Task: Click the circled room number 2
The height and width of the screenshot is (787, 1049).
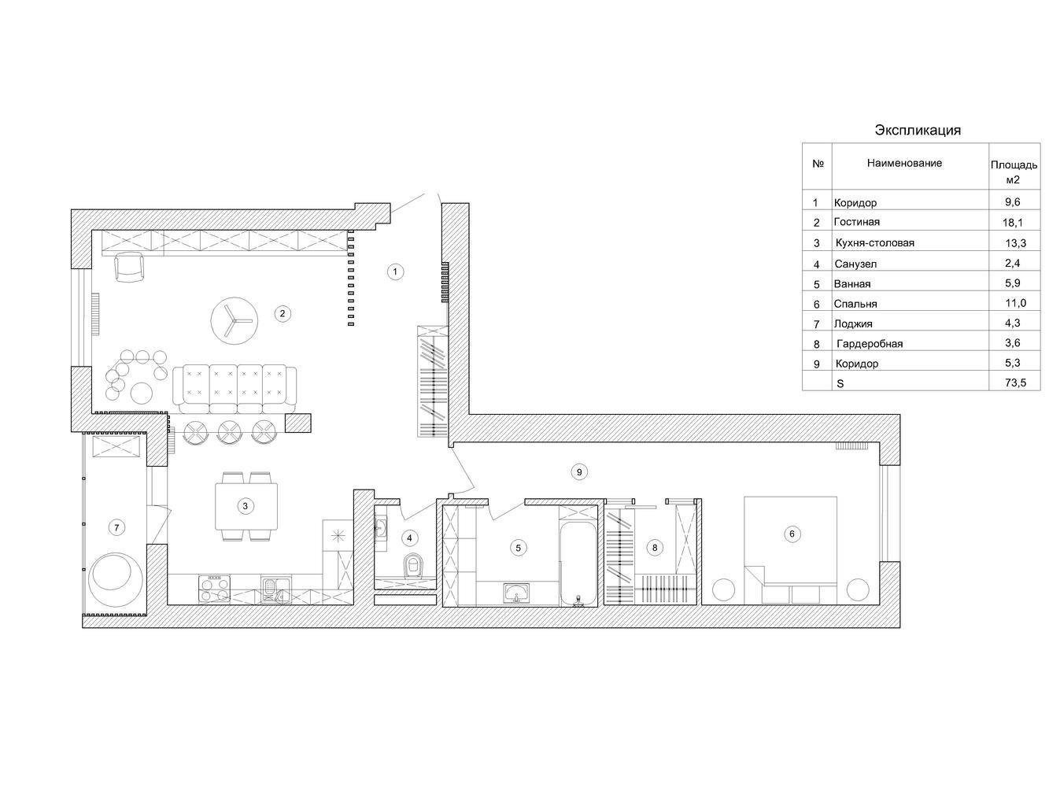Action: (x=282, y=313)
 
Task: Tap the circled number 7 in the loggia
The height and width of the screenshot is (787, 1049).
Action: (x=116, y=527)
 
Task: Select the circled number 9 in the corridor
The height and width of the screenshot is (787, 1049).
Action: (x=578, y=472)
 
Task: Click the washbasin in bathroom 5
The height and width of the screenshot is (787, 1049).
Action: (x=516, y=593)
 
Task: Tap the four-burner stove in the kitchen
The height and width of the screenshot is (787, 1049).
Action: (x=213, y=589)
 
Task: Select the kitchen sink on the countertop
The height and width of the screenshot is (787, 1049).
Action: (x=275, y=589)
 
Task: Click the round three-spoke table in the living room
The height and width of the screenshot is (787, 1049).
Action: (x=235, y=320)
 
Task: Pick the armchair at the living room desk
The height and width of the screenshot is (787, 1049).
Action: (x=128, y=268)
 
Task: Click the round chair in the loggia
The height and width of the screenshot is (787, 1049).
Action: (x=115, y=579)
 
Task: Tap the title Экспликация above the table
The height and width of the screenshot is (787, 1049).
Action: (x=918, y=130)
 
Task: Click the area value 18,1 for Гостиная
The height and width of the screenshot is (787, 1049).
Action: (x=1012, y=222)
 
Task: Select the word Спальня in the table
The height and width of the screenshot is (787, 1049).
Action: (x=855, y=304)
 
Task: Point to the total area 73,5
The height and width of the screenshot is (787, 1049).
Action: (x=1015, y=382)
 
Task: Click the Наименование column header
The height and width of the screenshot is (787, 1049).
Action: (x=904, y=163)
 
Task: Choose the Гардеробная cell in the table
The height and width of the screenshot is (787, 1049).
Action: (x=870, y=344)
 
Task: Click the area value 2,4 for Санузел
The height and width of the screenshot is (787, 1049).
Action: (x=1013, y=263)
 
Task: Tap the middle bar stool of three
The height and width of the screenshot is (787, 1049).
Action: (x=229, y=431)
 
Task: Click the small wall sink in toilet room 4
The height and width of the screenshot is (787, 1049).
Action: (x=381, y=528)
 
